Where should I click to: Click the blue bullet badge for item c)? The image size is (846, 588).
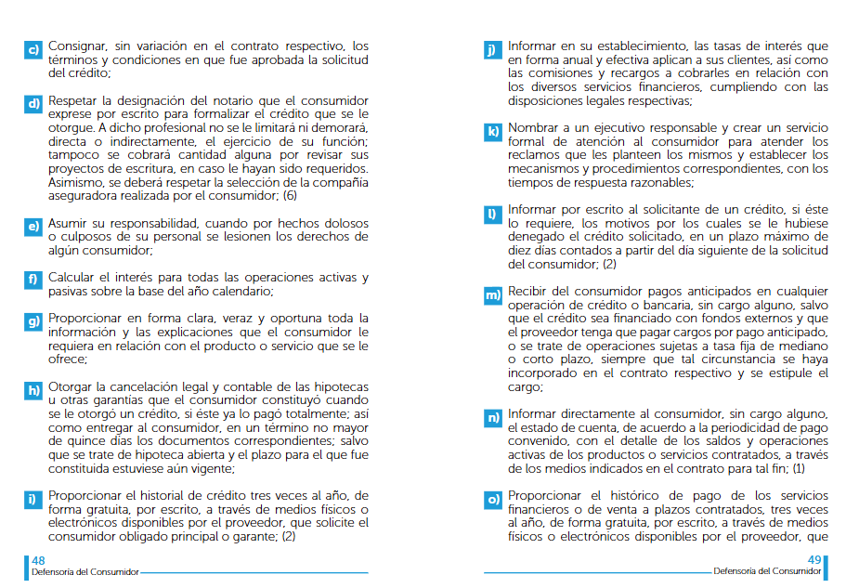click(33, 49)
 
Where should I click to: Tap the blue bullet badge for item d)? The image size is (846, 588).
click(33, 104)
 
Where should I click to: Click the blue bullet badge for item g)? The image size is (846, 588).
click(33, 321)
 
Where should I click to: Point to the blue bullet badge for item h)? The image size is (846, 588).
click(33, 390)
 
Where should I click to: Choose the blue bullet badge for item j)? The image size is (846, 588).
click(492, 49)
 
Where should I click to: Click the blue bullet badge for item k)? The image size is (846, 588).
click(492, 131)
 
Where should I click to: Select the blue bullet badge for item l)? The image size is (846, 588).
click(492, 214)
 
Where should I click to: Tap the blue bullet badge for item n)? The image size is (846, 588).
click(492, 417)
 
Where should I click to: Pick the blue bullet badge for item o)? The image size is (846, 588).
click(492, 500)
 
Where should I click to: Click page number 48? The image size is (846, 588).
click(38, 560)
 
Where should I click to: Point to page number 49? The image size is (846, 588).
click(814, 560)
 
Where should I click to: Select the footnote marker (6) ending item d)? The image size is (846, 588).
click(290, 196)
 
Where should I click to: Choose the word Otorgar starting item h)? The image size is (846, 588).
click(71, 386)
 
